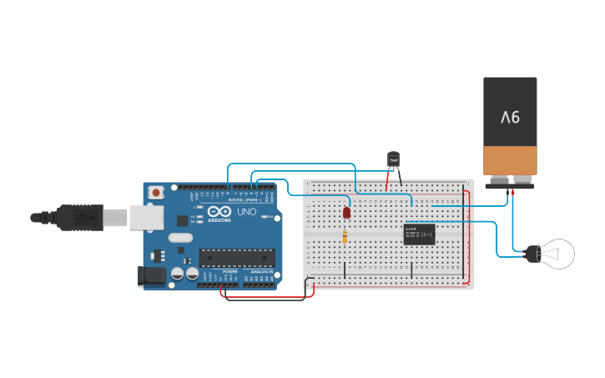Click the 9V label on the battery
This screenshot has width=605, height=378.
(x=510, y=117)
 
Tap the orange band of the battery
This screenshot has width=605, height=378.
(x=510, y=159)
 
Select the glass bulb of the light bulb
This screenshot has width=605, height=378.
(x=557, y=254)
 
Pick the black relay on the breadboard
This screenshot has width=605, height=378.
(x=419, y=234)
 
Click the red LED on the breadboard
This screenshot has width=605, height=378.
(x=346, y=213)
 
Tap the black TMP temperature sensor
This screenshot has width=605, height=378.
(x=394, y=159)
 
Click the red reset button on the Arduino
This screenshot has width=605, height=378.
(x=156, y=193)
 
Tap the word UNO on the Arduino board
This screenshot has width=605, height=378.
(x=247, y=212)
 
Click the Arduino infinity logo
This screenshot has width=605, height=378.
(x=218, y=209)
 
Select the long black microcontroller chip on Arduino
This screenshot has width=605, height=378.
(x=236, y=260)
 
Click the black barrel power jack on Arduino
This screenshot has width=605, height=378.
(x=151, y=276)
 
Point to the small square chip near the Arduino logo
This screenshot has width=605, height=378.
(x=182, y=221)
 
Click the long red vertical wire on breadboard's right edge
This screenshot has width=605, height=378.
(x=468, y=238)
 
